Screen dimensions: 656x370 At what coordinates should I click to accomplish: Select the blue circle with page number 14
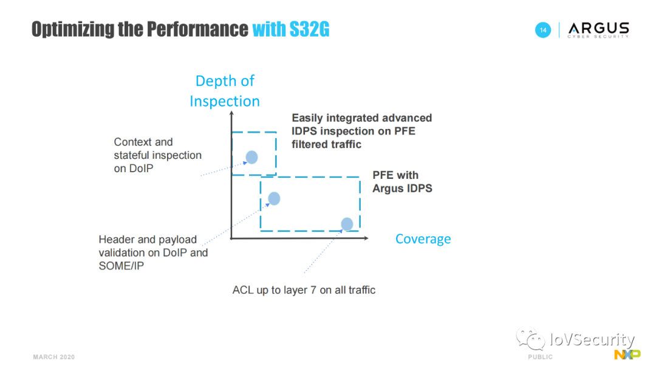(x=543, y=30)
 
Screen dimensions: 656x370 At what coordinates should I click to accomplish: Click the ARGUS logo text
(x=599, y=29)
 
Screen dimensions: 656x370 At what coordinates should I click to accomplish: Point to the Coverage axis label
(x=423, y=239)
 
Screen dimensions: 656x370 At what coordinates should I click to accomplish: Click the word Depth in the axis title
(x=214, y=81)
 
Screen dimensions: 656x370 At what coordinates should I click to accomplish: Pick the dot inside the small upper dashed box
(x=251, y=157)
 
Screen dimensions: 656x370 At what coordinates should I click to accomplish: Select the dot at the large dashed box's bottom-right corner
(x=347, y=224)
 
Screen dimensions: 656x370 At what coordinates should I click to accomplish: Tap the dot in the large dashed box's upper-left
(x=274, y=198)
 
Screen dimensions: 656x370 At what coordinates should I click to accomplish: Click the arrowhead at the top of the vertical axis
(x=231, y=113)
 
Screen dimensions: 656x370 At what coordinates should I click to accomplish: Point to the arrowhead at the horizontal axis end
(x=366, y=238)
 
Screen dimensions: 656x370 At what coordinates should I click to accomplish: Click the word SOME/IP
(x=121, y=266)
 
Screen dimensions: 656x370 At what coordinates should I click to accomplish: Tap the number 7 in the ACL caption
(x=313, y=290)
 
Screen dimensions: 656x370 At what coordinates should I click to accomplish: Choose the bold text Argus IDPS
(x=403, y=188)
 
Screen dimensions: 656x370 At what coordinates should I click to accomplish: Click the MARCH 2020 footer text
(x=54, y=357)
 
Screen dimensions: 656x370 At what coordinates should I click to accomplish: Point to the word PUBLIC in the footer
(x=540, y=357)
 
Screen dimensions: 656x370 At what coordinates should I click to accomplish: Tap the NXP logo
(x=627, y=355)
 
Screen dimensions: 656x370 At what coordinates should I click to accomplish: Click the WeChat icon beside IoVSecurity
(x=530, y=338)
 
